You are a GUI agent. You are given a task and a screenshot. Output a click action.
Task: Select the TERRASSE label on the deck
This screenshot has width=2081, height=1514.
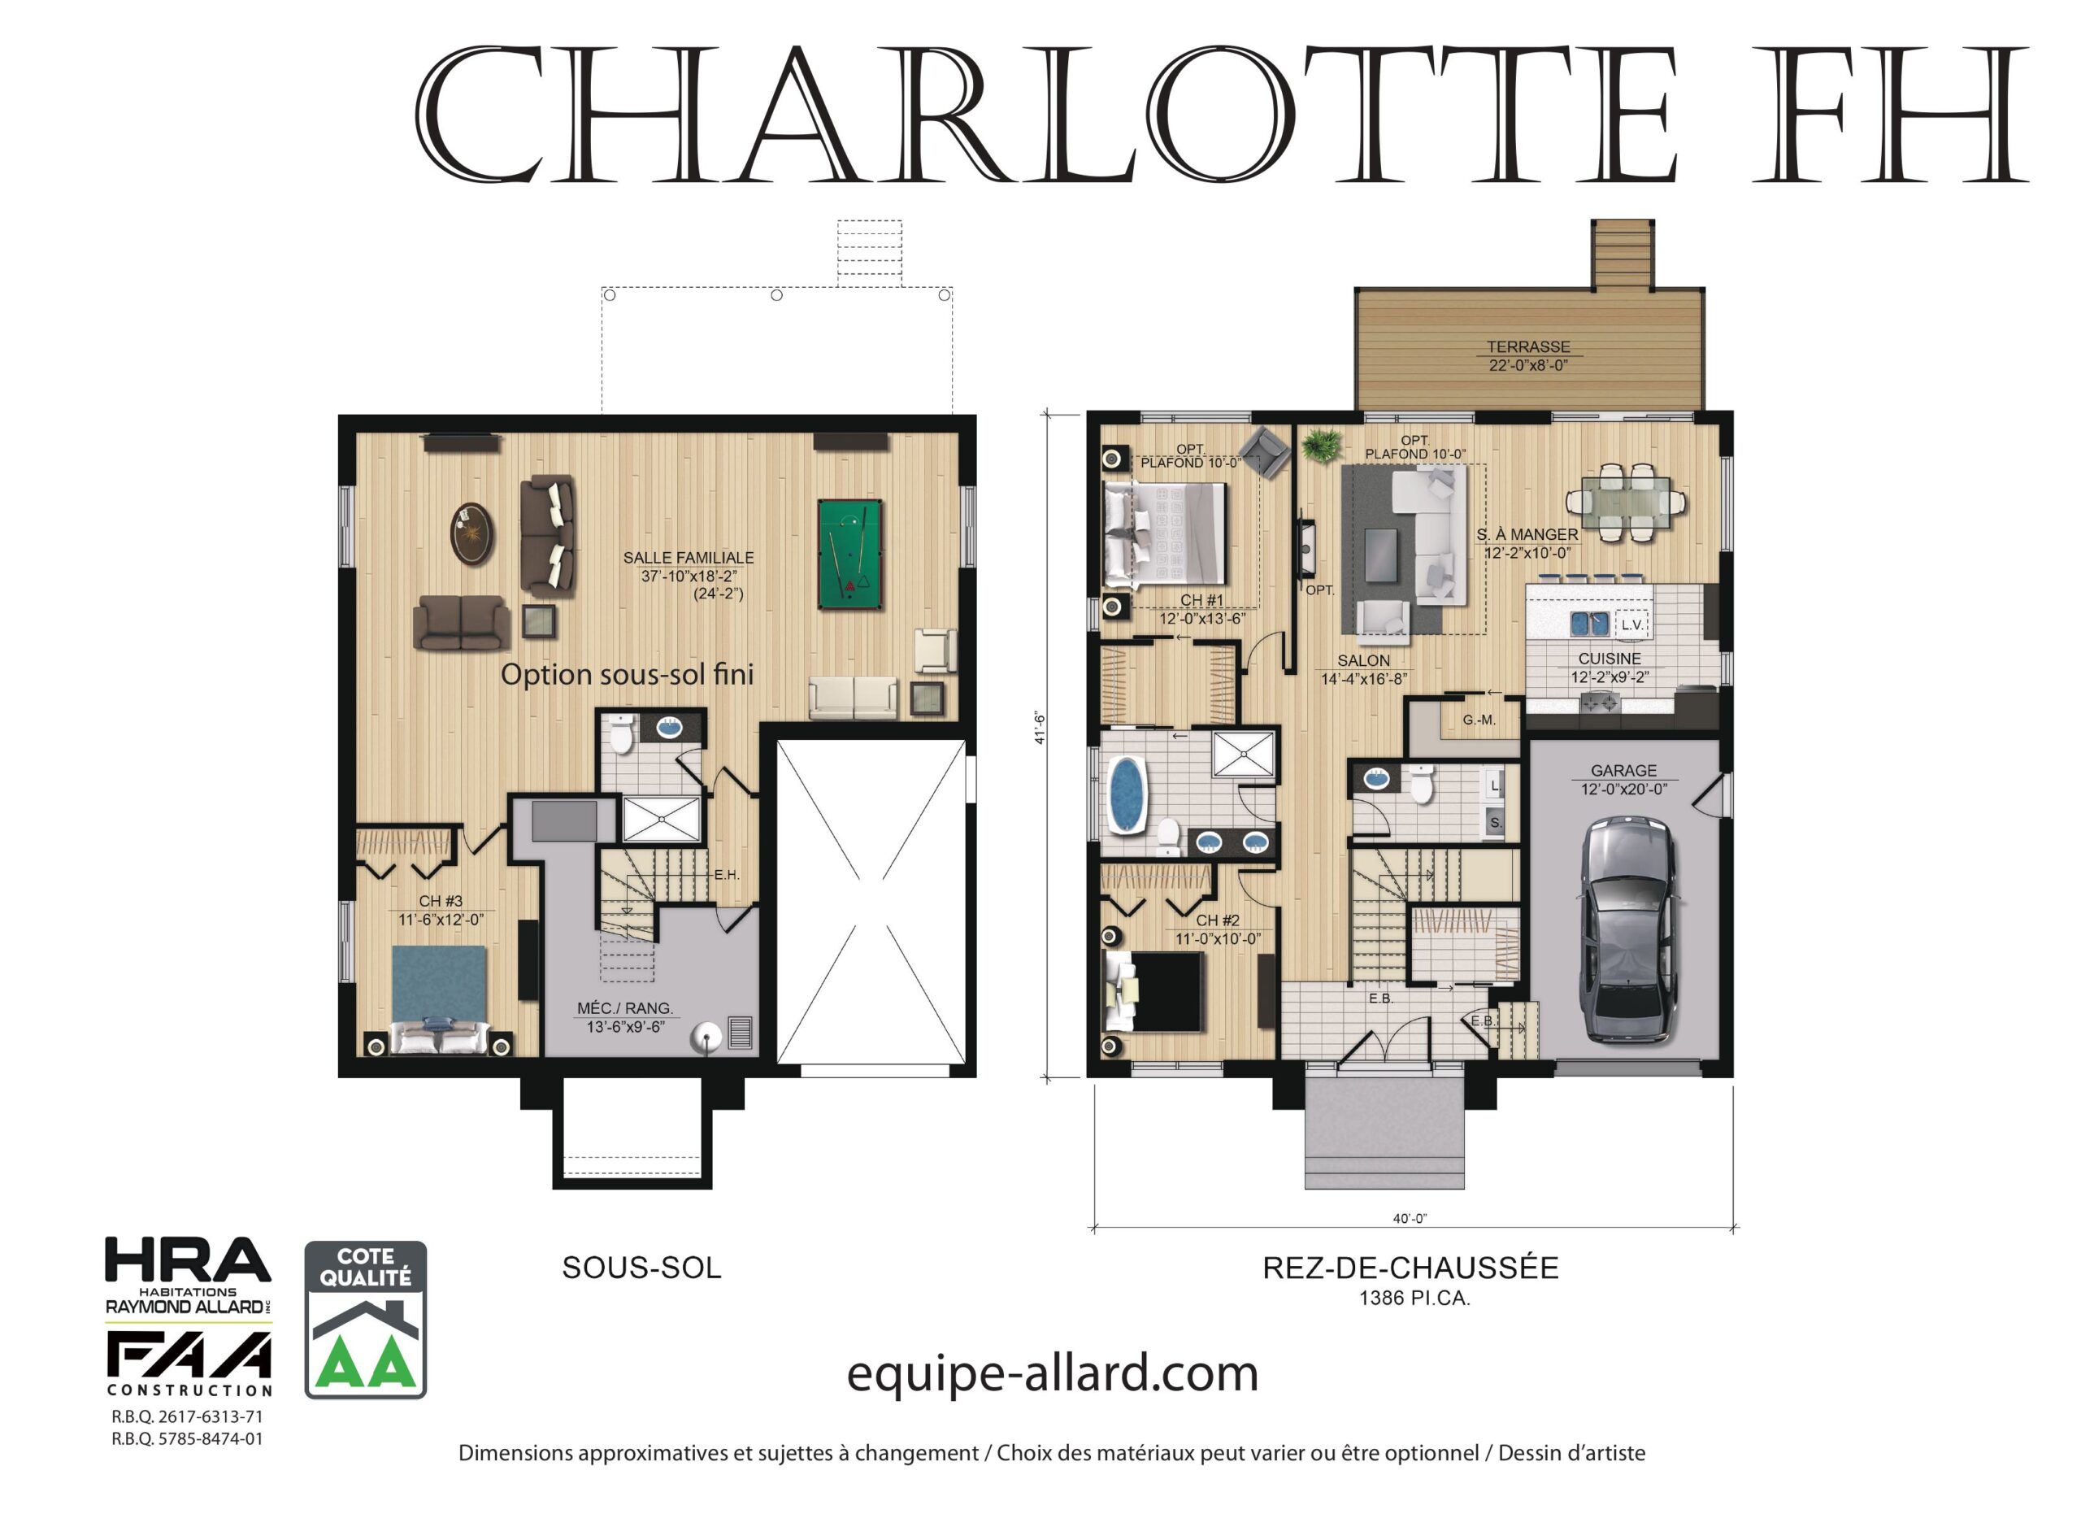1527,347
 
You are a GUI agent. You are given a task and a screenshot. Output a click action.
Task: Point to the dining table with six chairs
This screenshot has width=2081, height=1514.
1625,502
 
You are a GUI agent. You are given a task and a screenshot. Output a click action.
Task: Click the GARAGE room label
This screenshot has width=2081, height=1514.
1623,771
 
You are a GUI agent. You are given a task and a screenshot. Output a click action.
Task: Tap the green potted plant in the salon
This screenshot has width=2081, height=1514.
1320,446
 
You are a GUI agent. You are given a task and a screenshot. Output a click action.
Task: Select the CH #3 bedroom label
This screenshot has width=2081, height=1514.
441,901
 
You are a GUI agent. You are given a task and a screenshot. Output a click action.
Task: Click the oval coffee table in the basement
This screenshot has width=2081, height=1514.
472,534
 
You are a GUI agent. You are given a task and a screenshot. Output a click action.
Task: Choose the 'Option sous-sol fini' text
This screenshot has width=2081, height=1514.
627,676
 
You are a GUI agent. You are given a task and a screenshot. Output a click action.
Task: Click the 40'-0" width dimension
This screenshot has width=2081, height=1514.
1410,1219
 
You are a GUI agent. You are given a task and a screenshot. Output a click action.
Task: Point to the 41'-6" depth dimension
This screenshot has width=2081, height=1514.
1040,728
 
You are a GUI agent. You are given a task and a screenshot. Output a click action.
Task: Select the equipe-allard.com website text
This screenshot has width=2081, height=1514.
1052,1374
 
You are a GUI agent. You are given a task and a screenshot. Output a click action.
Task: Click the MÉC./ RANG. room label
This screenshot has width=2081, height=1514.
625,1008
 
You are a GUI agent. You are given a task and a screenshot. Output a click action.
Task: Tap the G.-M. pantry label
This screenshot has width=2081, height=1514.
1479,720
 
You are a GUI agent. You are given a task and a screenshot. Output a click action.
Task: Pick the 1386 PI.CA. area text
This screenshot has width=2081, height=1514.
1414,1299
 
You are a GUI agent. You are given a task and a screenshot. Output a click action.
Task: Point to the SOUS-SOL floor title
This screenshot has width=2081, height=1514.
641,1268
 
